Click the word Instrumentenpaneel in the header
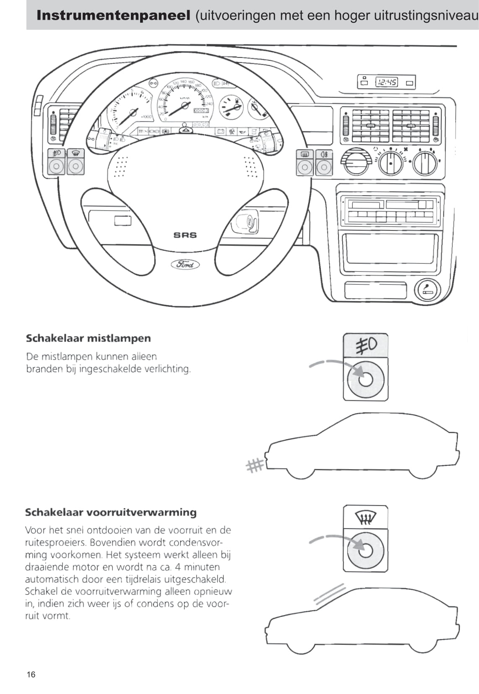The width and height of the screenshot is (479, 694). pos(113,16)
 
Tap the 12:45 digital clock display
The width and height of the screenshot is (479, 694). pos(386,82)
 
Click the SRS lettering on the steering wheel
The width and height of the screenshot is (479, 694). pos(185,235)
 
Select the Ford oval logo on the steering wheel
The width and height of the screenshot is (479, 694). pos(185,264)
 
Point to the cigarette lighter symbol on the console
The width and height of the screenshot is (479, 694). pos(428,290)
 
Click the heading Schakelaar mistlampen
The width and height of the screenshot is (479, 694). pos(88,338)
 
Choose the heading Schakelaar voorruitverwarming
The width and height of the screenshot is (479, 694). pos(111,512)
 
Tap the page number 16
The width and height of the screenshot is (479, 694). pos(31,675)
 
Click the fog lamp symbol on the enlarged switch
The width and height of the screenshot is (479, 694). pos(366,345)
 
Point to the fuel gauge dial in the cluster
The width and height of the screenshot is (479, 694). pos(232,107)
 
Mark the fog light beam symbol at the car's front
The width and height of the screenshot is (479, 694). pos(255,465)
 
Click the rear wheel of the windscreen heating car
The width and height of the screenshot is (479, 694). pos(423,647)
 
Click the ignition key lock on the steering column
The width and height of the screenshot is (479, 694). pos(247,222)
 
